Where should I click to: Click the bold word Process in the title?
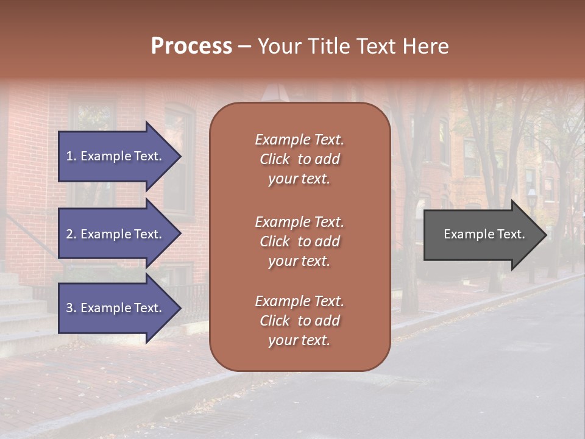click(x=191, y=46)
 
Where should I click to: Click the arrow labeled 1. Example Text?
click(x=116, y=156)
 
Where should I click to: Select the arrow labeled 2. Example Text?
click(x=116, y=234)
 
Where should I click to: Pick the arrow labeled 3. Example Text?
click(x=116, y=308)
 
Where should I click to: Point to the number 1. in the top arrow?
click(x=71, y=156)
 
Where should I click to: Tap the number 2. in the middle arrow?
click(x=71, y=234)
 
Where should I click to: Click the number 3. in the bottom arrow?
click(x=71, y=308)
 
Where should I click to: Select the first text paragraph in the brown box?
click(x=299, y=159)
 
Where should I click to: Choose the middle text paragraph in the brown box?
click(x=299, y=241)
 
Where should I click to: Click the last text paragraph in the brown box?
click(x=299, y=321)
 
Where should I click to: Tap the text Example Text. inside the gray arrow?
click(x=484, y=234)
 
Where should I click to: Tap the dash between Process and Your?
click(x=244, y=47)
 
